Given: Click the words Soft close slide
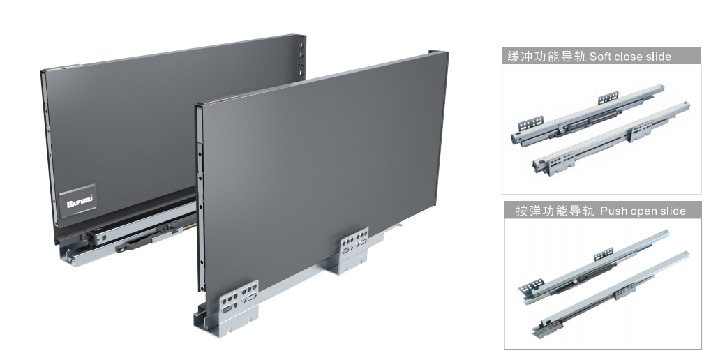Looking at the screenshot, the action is (630, 57).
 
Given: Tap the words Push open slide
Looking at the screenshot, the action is (643, 211).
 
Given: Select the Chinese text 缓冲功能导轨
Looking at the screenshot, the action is (546, 57).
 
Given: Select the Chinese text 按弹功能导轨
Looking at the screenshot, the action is (555, 211).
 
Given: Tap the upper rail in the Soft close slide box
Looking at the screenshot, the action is (588, 114).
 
